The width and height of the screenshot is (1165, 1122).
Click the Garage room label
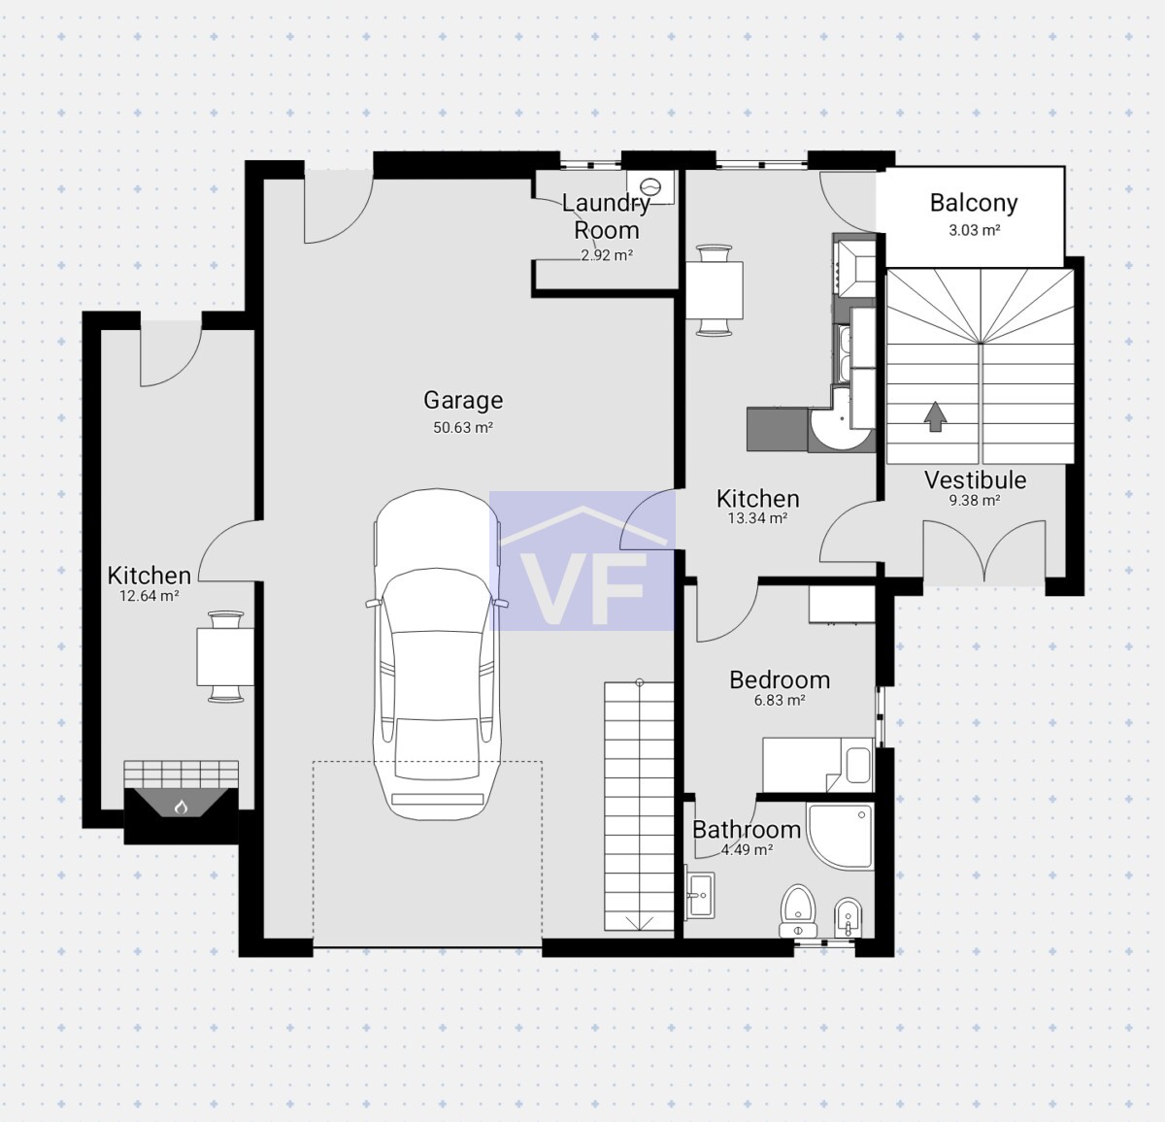coord(463,400)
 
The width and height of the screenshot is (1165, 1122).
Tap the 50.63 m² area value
coord(463,427)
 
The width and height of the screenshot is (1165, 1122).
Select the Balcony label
coord(974,204)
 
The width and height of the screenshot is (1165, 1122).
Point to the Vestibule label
coord(976,479)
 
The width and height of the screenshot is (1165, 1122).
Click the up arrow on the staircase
coord(935,417)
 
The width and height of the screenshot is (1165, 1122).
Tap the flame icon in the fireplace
coord(181,808)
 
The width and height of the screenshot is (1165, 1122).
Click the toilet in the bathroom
coord(798,910)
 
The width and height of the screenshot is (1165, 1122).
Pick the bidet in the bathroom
coord(848,917)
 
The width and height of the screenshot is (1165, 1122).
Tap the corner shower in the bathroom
coord(840,836)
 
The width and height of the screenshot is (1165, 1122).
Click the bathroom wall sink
coord(699,895)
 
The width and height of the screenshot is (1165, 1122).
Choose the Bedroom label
coord(780,679)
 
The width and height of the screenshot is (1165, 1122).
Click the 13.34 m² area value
coord(757,518)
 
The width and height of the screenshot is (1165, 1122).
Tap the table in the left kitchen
coord(225,656)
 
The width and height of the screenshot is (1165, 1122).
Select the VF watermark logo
coord(582,561)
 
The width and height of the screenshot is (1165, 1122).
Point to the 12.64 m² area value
coord(150,595)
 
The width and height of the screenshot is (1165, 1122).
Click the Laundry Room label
coord(607,216)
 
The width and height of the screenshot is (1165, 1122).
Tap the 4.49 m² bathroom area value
coord(747,849)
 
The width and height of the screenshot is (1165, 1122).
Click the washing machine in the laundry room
coord(650,186)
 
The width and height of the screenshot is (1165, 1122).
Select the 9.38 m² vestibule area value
coord(975,500)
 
